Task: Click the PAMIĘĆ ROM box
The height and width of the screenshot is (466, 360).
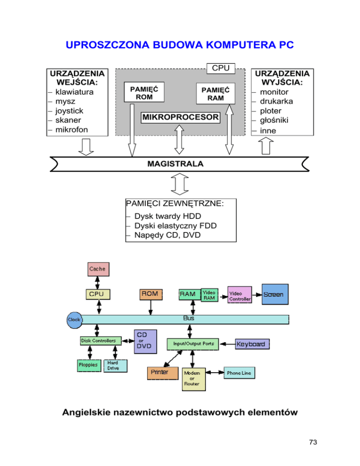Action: [x=141, y=93]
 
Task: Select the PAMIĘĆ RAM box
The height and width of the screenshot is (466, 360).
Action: [x=215, y=94]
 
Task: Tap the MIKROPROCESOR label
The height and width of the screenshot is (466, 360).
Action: [x=180, y=117]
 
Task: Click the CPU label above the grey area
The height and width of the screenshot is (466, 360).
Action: [x=221, y=68]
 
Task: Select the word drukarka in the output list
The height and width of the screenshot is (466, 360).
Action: [x=278, y=101]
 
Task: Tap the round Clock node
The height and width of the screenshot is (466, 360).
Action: [x=74, y=319]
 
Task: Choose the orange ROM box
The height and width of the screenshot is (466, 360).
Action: [x=150, y=294]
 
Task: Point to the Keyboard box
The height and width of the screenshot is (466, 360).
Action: [x=253, y=345]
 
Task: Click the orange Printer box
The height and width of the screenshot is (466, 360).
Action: [x=163, y=372]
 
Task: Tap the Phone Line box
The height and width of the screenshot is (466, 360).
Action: [x=239, y=373]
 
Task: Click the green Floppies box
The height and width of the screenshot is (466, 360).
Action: [x=88, y=365]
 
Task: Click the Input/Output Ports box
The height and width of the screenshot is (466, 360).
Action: [x=191, y=344]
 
